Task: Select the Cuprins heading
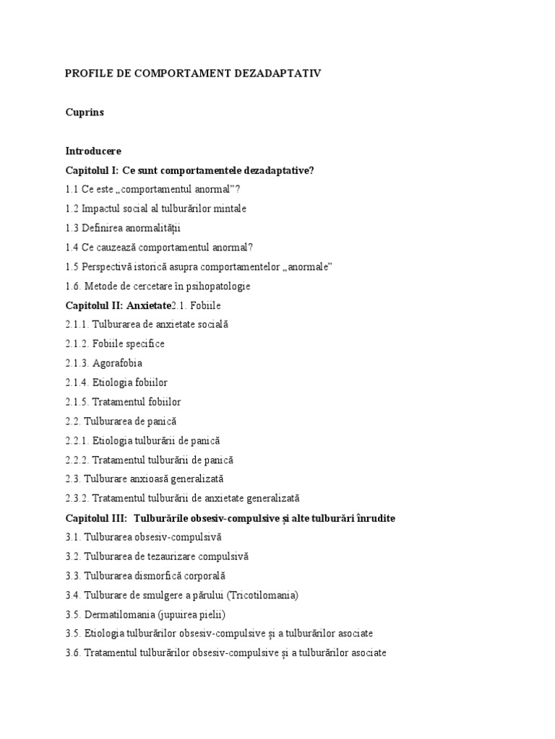pyautogui.click(x=85, y=113)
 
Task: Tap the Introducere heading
pyautogui.click(x=94, y=152)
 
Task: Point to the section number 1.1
pyautogui.click(x=72, y=190)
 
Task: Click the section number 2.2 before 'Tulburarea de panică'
pyautogui.click(x=73, y=421)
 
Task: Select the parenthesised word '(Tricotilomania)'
pyautogui.click(x=263, y=595)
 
